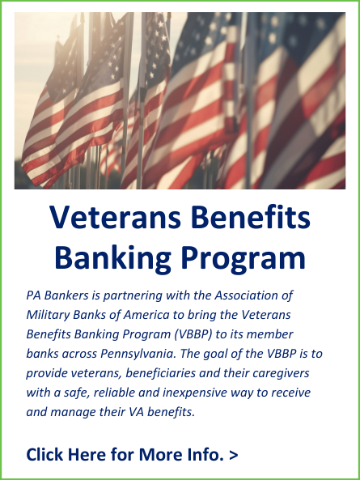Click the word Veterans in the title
116,217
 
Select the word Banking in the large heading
112,257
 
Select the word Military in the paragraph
48,315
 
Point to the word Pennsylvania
138,354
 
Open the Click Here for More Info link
132,454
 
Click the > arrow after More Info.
233,455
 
